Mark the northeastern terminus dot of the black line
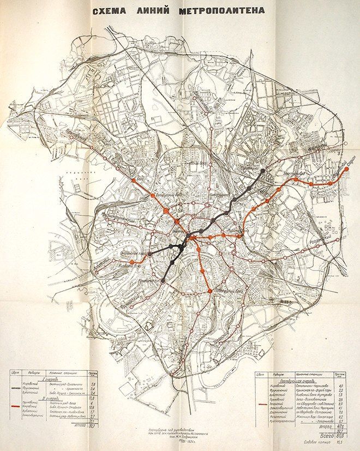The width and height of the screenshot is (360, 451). tap(263, 171)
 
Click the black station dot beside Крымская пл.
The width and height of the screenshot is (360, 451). tap(164, 280)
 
